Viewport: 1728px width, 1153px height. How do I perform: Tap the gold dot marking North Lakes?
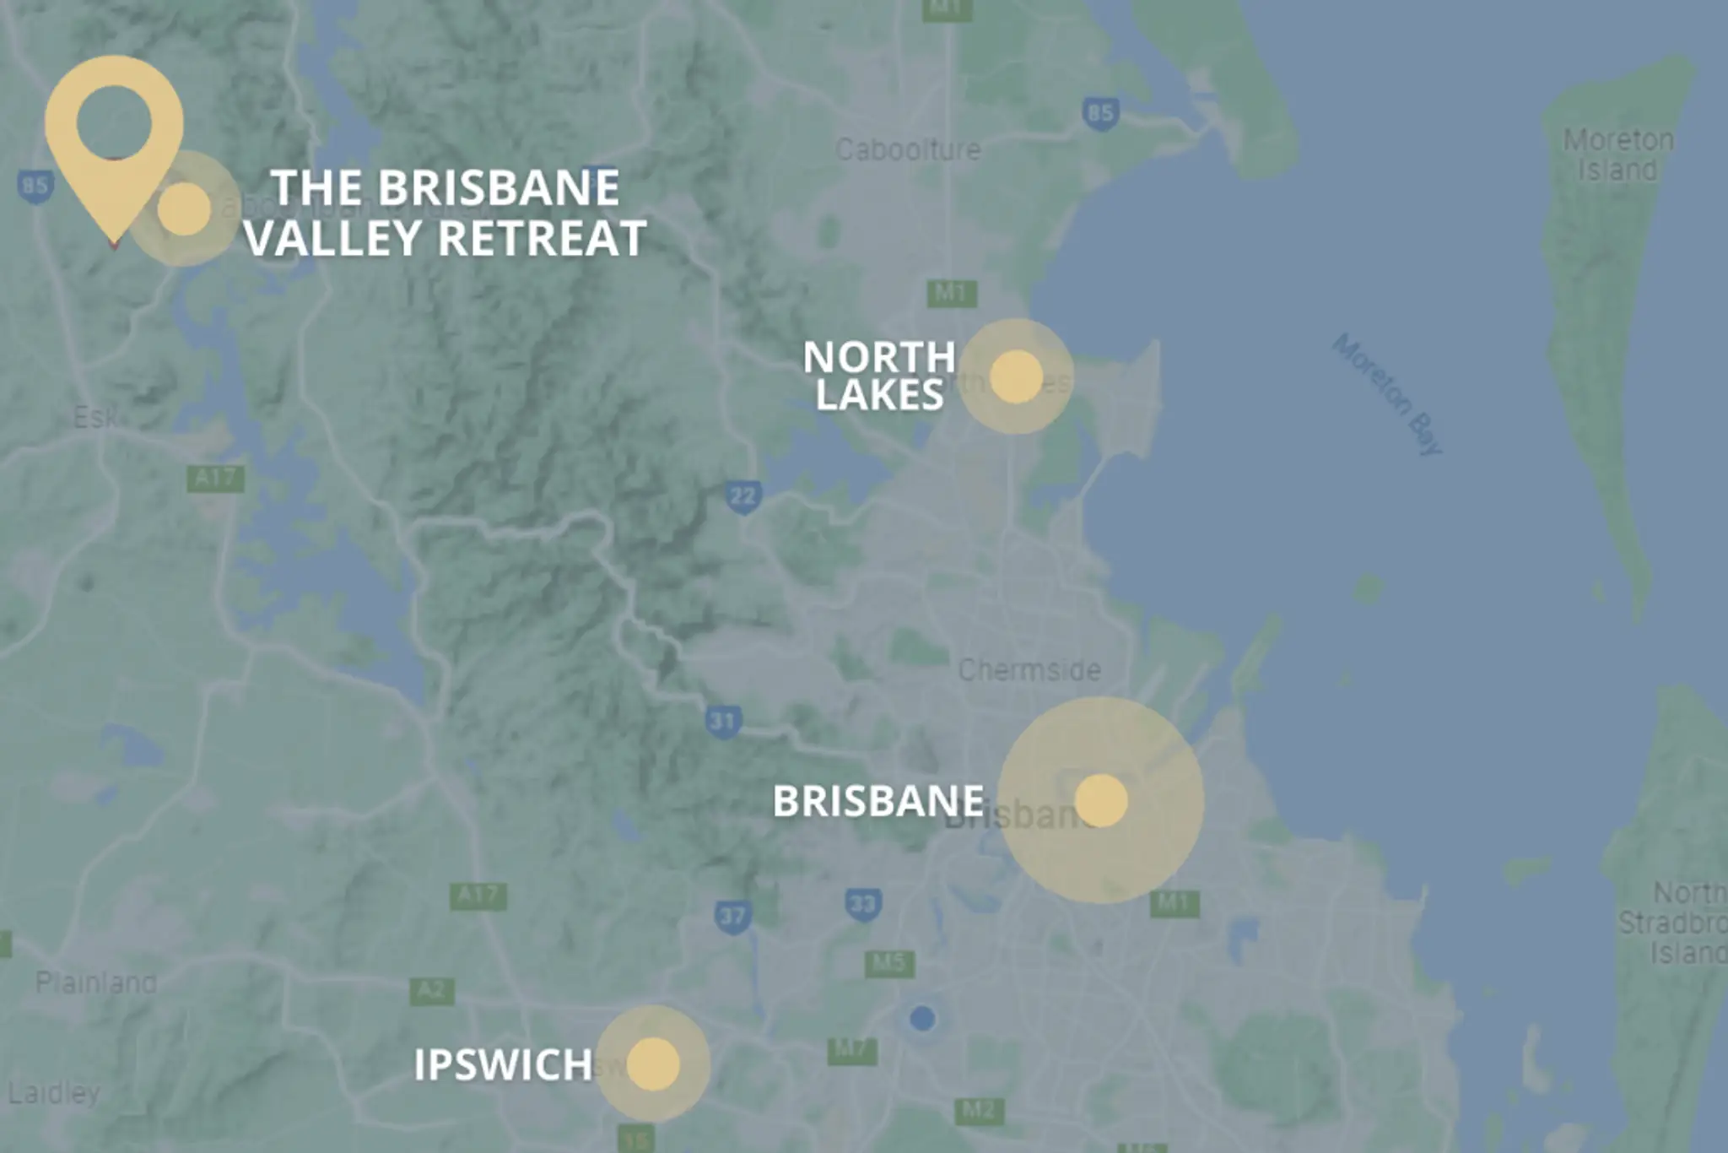(x=1017, y=376)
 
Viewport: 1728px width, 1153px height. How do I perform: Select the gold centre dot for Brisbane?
(x=1101, y=800)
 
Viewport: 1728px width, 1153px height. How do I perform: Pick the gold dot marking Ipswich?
(x=653, y=1064)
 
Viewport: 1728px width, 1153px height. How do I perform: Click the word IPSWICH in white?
(x=504, y=1065)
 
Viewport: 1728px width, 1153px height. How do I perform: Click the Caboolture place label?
(x=908, y=150)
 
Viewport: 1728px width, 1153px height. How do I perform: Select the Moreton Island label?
(x=1618, y=154)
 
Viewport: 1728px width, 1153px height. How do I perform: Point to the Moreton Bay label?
(x=1387, y=394)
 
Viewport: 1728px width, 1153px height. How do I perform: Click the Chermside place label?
(x=1029, y=670)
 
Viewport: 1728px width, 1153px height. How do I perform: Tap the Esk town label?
(x=95, y=416)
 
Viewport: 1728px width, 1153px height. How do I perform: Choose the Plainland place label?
(x=96, y=982)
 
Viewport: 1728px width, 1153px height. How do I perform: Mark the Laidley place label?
(x=54, y=1093)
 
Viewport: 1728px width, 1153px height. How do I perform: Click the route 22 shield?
(x=742, y=495)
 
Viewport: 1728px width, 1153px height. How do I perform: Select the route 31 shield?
(x=723, y=721)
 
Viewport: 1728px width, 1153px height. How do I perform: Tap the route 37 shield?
(x=732, y=917)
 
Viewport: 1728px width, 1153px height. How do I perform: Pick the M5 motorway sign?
(x=889, y=962)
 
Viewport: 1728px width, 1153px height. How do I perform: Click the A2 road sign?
(x=431, y=990)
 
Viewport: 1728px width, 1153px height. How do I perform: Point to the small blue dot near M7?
(x=922, y=1018)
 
